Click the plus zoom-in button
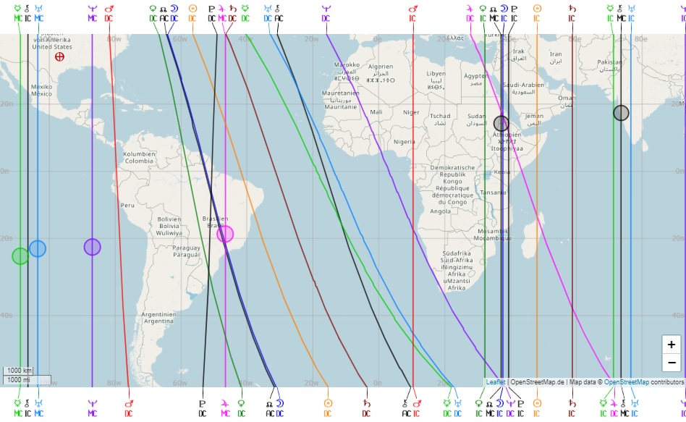tap(672, 345)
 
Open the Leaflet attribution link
tap(496, 381)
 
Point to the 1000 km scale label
tap(17, 371)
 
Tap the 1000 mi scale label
tap(17, 379)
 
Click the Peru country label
tap(127, 205)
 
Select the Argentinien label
tap(159, 315)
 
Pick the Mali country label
tap(376, 112)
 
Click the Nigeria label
tap(405, 142)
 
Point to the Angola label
tap(440, 211)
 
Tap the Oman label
tap(567, 98)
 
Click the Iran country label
tap(556, 54)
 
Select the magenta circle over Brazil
tap(225, 234)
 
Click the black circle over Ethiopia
tap(501, 123)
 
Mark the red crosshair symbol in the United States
tap(59, 56)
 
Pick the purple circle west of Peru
tap(92, 247)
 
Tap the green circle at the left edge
tap(20, 256)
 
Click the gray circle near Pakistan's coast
tap(621, 112)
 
